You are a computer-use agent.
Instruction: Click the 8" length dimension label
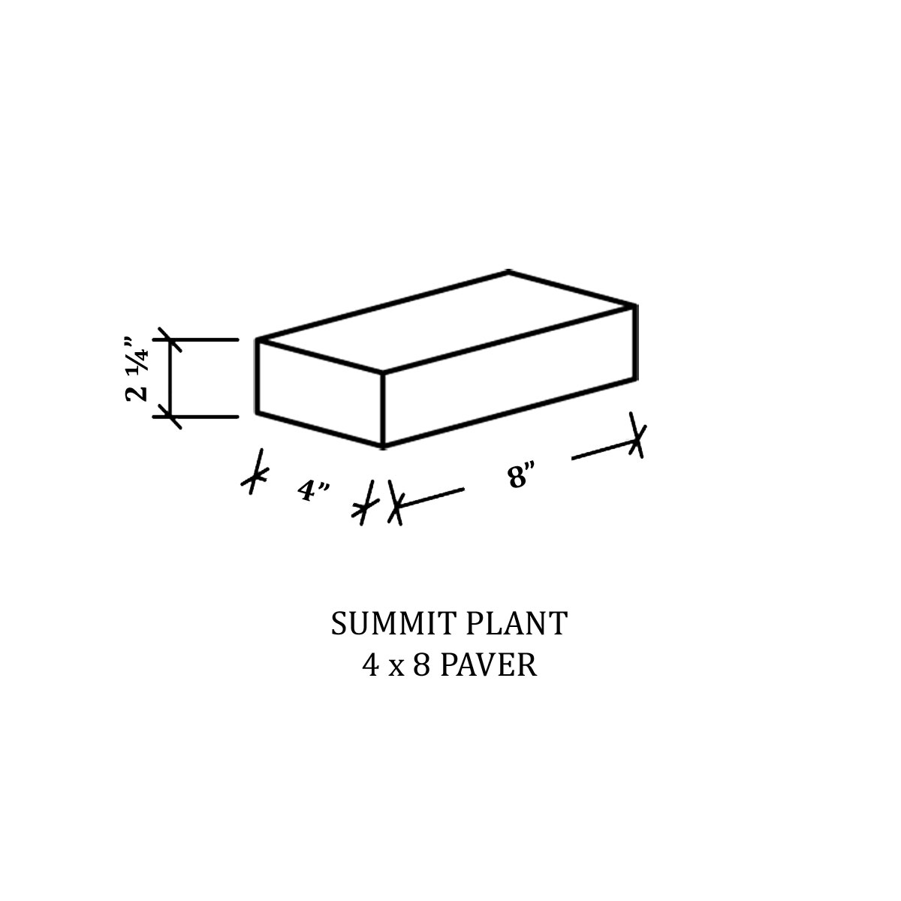pyautogui.click(x=520, y=475)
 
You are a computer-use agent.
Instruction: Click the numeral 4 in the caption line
pyautogui.click(x=370, y=665)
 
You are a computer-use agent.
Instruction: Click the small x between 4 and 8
pyautogui.click(x=396, y=667)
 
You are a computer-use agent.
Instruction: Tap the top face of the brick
pyautogui.click(x=447, y=321)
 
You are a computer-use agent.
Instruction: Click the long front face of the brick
pyautogui.click(x=509, y=375)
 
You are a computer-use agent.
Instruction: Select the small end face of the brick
pyautogui.click(x=320, y=392)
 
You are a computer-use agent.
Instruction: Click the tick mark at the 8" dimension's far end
pyautogui.click(x=637, y=435)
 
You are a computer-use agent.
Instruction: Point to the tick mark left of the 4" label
pyautogui.click(x=257, y=472)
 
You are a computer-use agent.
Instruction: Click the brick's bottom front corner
pyautogui.click(x=384, y=447)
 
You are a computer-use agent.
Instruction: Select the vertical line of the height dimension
pyautogui.click(x=171, y=378)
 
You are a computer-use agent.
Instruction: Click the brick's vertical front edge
pyautogui.click(x=384, y=409)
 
